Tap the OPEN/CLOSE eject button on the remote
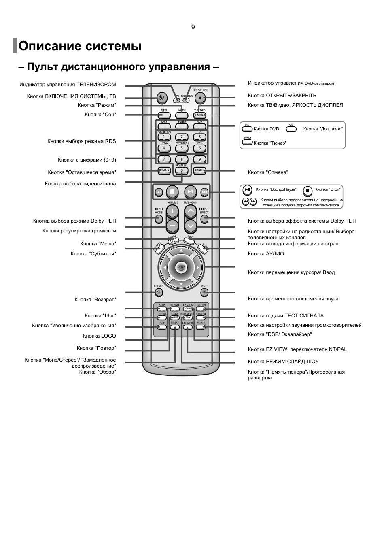(202, 98)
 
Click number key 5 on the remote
(181, 148)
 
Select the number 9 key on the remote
(199, 159)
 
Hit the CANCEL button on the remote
(200, 170)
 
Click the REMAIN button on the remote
(164, 170)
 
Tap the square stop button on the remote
(172, 192)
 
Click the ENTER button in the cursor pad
(181, 267)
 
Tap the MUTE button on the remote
(204, 292)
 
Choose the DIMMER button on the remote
(199, 115)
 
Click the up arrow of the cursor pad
(181, 251)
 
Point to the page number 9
(193, 27)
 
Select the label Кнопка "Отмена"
(268, 172)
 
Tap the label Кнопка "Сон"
(100, 115)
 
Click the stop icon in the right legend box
(308, 190)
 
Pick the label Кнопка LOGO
(100, 336)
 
